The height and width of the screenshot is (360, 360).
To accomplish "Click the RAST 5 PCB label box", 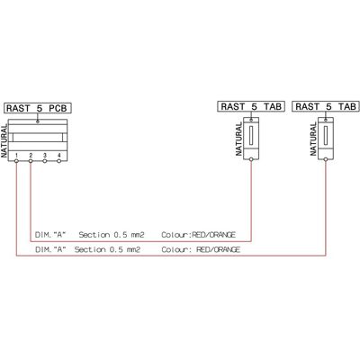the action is [38, 108].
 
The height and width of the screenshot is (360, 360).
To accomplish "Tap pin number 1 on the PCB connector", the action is [17, 155].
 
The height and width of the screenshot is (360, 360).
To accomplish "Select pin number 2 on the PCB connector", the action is [31, 155].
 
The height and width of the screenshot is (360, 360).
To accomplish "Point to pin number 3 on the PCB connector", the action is [45, 155].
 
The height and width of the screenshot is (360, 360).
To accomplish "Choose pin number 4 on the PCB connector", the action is [59, 155].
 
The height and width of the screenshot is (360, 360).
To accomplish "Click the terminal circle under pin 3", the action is [45, 161].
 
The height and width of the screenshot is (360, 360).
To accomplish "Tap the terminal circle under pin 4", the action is [59, 161].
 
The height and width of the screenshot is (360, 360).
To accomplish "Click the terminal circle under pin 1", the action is [16, 161].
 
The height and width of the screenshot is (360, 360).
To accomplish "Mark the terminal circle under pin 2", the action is [31, 161].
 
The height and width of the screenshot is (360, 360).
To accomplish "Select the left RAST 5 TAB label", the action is [251, 106].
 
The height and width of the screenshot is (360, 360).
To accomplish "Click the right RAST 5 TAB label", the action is [326, 106].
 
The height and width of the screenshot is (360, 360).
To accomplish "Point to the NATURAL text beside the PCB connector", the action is [4, 141].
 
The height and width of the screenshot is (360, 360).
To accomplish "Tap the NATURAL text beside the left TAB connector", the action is [238, 139].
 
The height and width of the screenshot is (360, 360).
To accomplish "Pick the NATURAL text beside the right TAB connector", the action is [313, 139].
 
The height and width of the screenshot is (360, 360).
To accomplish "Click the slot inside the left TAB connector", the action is [251, 135].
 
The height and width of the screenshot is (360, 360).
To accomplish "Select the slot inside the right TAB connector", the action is [326, 135].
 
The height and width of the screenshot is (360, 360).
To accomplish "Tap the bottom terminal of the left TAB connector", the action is [251, 159].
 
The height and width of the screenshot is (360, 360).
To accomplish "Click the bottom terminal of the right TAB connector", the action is [326, 159].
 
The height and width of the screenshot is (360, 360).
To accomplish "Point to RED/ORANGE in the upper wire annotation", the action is [213, 235].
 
